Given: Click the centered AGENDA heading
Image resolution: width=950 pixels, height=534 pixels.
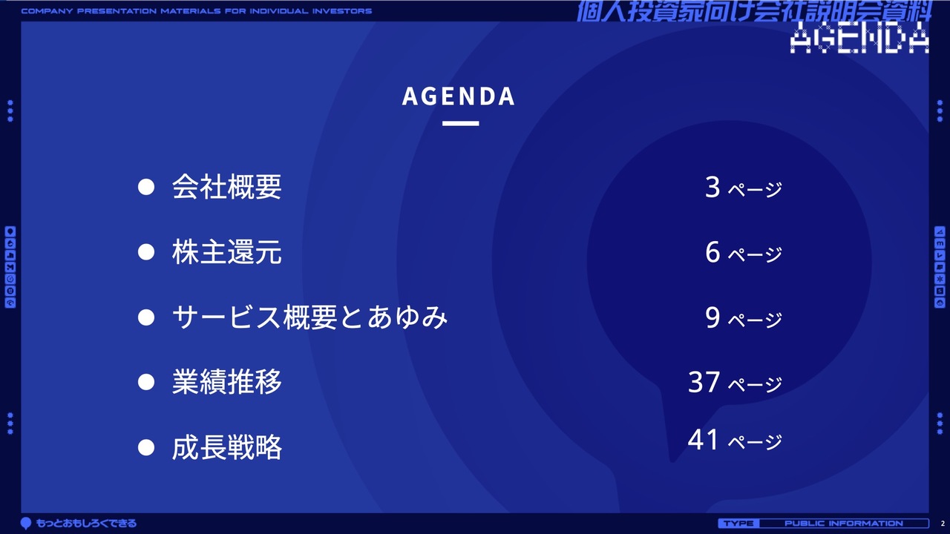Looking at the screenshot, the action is (x=459, y=96).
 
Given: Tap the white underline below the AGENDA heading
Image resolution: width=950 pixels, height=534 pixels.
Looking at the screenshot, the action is (x=461, y=123).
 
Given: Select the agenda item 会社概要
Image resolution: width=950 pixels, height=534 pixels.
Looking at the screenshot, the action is (x=226, y=187).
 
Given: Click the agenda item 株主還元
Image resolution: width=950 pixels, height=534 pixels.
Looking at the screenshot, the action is (x=226, y=252).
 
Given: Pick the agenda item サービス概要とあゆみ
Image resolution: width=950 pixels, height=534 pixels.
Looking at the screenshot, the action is (x=309, y=317).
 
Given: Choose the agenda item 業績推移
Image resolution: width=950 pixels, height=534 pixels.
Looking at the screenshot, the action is (x=226, y=382).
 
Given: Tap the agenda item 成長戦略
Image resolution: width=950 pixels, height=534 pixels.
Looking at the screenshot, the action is (x=226, y=447).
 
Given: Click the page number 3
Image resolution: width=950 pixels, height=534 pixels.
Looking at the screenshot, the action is (x=712, y=187).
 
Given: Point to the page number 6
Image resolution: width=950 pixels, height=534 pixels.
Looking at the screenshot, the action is (x=712, y=252).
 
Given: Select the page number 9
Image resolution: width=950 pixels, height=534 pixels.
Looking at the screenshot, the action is (x=712, y=317).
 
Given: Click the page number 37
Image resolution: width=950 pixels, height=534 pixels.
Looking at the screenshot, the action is (x=704, y=382).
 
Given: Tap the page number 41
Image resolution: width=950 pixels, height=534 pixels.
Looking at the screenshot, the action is (x=703, y=440).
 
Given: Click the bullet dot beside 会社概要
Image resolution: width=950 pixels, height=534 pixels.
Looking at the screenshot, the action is (x=146, y=187).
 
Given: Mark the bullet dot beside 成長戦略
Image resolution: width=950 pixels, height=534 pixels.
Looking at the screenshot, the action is (x=146, y=447).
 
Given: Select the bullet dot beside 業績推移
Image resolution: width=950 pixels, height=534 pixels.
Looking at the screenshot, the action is (x=146, y=382).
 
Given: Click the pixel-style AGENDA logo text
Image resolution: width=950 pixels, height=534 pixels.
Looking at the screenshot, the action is (x=859, y=38).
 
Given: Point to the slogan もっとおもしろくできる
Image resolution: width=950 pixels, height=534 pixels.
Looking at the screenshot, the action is (x=86, y=524).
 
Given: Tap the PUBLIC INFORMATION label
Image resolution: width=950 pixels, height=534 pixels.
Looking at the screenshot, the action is (x=844, y=524).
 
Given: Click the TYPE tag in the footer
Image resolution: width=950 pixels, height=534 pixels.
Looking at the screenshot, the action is (x=738, y=524).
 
